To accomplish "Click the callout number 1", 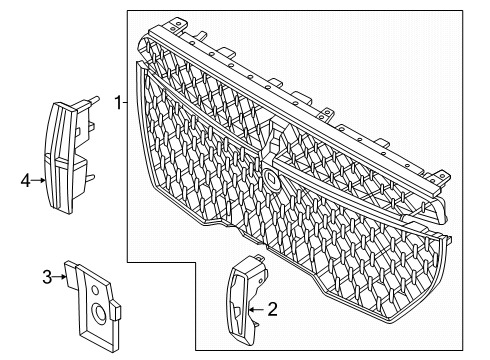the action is tap(118, 103).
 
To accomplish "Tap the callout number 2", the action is tap(272, 309).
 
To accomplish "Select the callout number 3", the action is tap(47, 277).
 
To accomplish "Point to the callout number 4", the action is tap(26, 181).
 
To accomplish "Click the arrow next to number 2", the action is tap(257, 310).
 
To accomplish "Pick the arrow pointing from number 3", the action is tap(59, 277).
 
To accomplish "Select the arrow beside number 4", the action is tap(38, 180).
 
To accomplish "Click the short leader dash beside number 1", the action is tap(125, 103).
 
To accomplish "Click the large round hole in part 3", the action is tap(99, 313).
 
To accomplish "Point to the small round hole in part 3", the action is tap(95, 290).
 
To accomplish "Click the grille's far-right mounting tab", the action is tap(441, 177).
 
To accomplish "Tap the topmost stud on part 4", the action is tap(93, 99).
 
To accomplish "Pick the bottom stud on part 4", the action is tap(90, 177).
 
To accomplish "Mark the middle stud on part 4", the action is tap(90, 126).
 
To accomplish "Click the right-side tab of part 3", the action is tap(116, 310).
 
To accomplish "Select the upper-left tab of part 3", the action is tap(71, 274).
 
